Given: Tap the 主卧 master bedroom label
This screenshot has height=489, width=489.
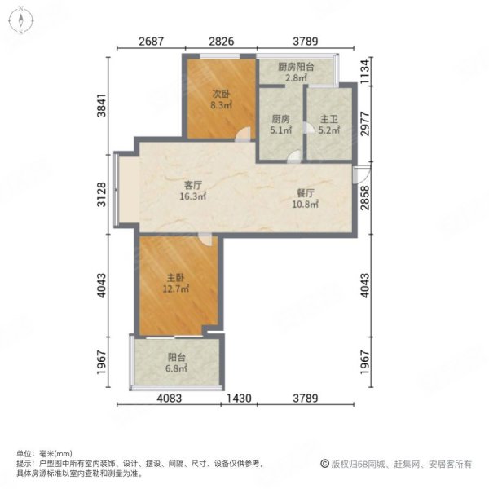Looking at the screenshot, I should [176, 275].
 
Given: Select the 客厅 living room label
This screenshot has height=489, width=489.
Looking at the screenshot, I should [192, 183].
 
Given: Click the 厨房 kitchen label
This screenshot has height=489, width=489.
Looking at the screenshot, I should [280, 117].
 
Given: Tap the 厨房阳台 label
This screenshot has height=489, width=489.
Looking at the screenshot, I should [295, 67].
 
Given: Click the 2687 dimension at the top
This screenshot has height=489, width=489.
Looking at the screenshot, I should [152, 42].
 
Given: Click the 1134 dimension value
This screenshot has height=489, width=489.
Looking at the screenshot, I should [372, 71].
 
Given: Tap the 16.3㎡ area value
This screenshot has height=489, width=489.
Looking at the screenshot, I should [193, 196].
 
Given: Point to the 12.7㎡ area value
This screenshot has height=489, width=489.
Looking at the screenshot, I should [176, 288].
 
